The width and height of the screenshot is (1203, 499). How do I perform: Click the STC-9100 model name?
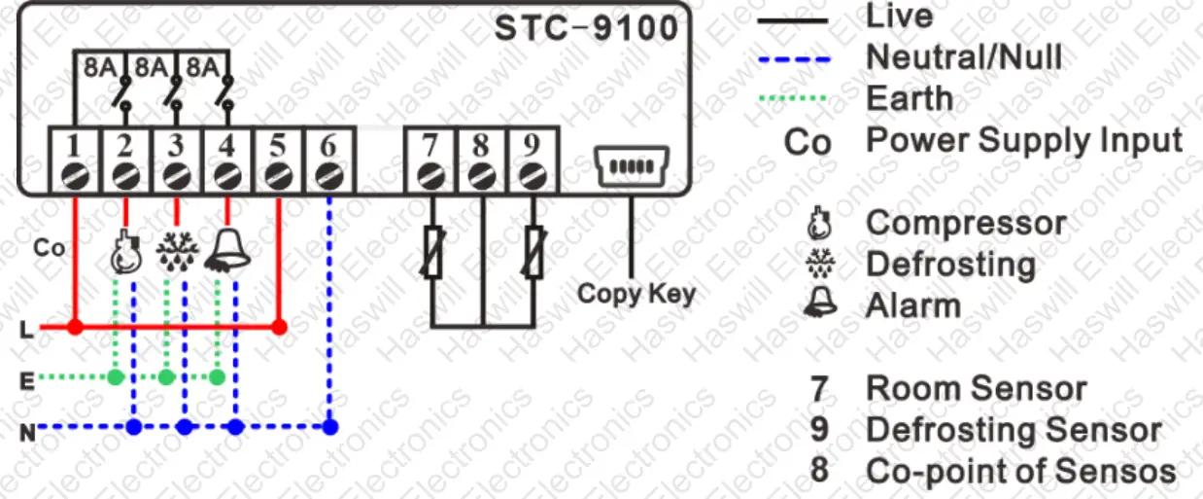586,28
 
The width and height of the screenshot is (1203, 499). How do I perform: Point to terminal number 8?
481,145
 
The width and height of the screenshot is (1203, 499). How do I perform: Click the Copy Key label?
636,293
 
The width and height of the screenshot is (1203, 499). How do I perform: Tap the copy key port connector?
632,166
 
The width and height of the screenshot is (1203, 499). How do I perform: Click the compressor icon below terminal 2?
125,251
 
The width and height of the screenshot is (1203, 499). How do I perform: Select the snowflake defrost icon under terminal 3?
176,251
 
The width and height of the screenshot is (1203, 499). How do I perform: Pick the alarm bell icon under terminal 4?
227,250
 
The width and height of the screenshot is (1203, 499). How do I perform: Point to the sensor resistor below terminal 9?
533,252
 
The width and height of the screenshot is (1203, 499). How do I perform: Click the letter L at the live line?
26,331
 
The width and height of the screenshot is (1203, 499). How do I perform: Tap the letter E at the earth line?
26,380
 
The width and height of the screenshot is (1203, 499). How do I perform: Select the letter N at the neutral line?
27,431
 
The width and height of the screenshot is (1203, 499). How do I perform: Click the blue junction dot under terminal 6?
330,426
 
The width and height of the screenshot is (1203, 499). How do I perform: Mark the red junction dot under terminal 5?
279,327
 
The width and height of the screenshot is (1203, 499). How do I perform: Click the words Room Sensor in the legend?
976,389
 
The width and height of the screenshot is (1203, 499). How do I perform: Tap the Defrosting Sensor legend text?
1013,430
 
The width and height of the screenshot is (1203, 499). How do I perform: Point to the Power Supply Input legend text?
1024,140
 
